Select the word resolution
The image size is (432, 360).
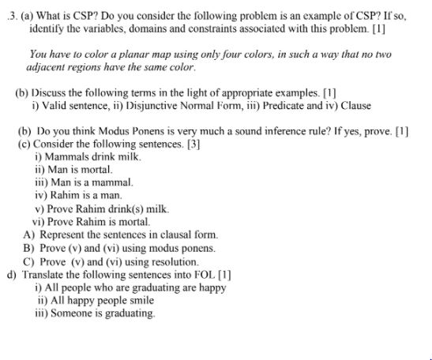pos(175,261)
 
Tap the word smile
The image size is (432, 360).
pos(142,300)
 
